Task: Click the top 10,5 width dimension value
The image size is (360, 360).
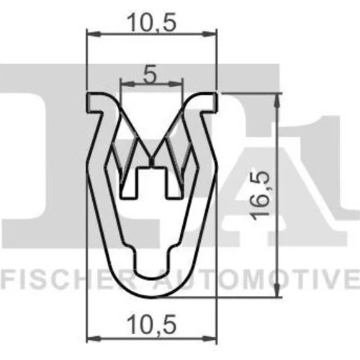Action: [x=152, y=22]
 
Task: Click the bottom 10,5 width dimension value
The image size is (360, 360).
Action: [x=152, y=325]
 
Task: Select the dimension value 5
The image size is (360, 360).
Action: [x=150, y=74]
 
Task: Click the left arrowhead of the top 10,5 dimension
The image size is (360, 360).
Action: [x=93, y=34]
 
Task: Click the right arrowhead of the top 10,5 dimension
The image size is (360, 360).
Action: [x=210, y=34]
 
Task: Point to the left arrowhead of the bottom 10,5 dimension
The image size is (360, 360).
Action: [x=94, y=338]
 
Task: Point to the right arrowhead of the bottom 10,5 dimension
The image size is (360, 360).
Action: [x=210, y=338]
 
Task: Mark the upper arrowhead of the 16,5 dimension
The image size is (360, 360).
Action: [x=277, y=100]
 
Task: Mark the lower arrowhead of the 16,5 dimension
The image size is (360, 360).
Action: [x=277, y=290]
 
